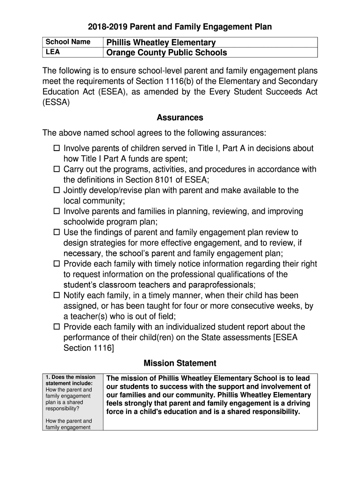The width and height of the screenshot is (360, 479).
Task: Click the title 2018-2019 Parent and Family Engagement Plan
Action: [180, 27]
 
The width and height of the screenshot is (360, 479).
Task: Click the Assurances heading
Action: [180, 117]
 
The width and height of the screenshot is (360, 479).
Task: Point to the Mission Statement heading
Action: [180, 363]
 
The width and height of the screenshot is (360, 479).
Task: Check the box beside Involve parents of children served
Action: [57, 148]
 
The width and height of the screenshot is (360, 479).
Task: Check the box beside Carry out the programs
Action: [57, 169]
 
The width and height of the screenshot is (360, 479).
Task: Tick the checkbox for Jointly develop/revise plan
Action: [57, 190]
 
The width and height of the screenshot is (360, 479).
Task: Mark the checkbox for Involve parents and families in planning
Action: [57, 211]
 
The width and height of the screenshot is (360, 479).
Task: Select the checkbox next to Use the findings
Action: [57, 232]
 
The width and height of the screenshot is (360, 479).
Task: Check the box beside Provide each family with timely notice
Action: [57, 264]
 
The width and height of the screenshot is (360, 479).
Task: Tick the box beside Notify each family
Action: [57, 296]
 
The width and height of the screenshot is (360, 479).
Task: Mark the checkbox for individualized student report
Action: [57, 327]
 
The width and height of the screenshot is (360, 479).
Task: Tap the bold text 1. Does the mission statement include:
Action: [70, 380]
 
